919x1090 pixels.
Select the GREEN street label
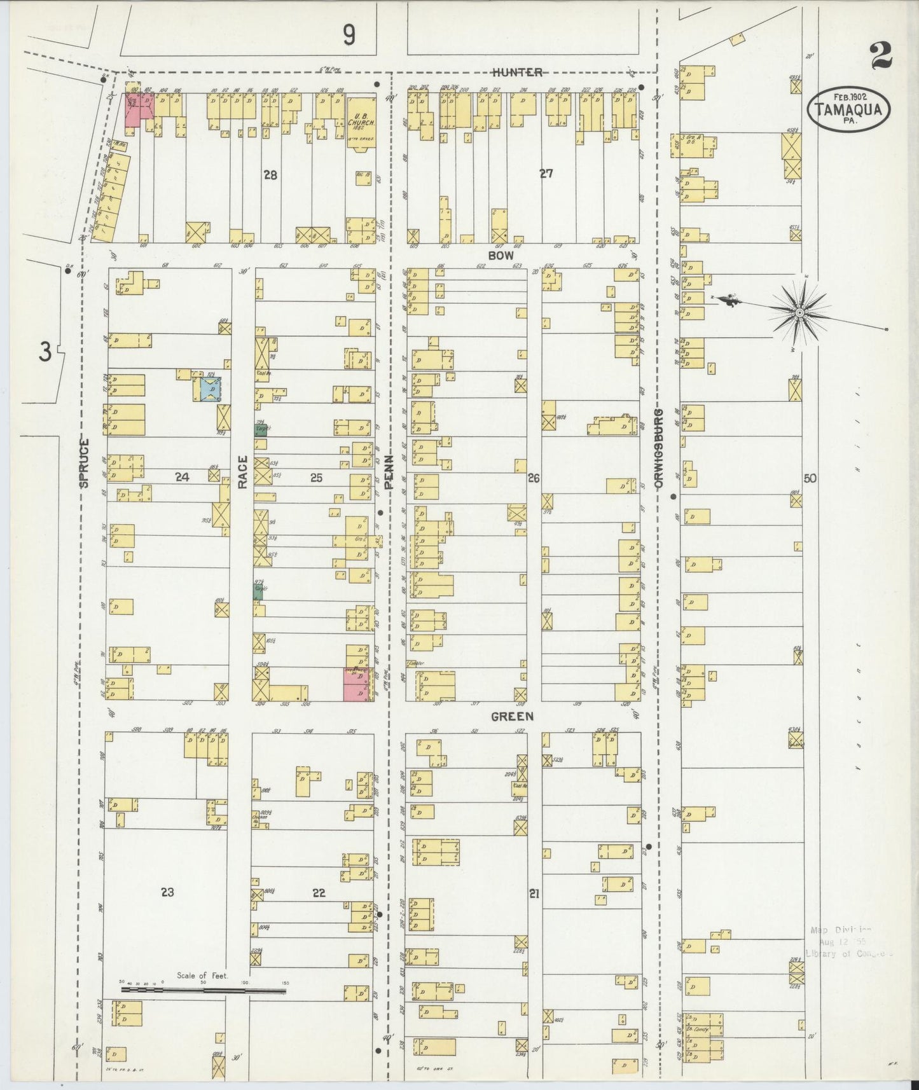pyautogui.click(x=511, y=716)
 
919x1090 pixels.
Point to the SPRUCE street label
pyautogui.click(x=85, y=463)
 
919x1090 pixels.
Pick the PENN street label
pyautogui.click(x=389, y=471)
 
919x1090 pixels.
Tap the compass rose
pyautogui.click(x=799, y=312)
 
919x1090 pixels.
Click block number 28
pyautogui.click(x=271, y=174)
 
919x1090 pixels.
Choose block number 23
pyautogui.click(x=167, y=892)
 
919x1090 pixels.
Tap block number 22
pyautogui.click(x=319, y=892)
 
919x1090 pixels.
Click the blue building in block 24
pyautogui.click(x=210, y=389)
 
